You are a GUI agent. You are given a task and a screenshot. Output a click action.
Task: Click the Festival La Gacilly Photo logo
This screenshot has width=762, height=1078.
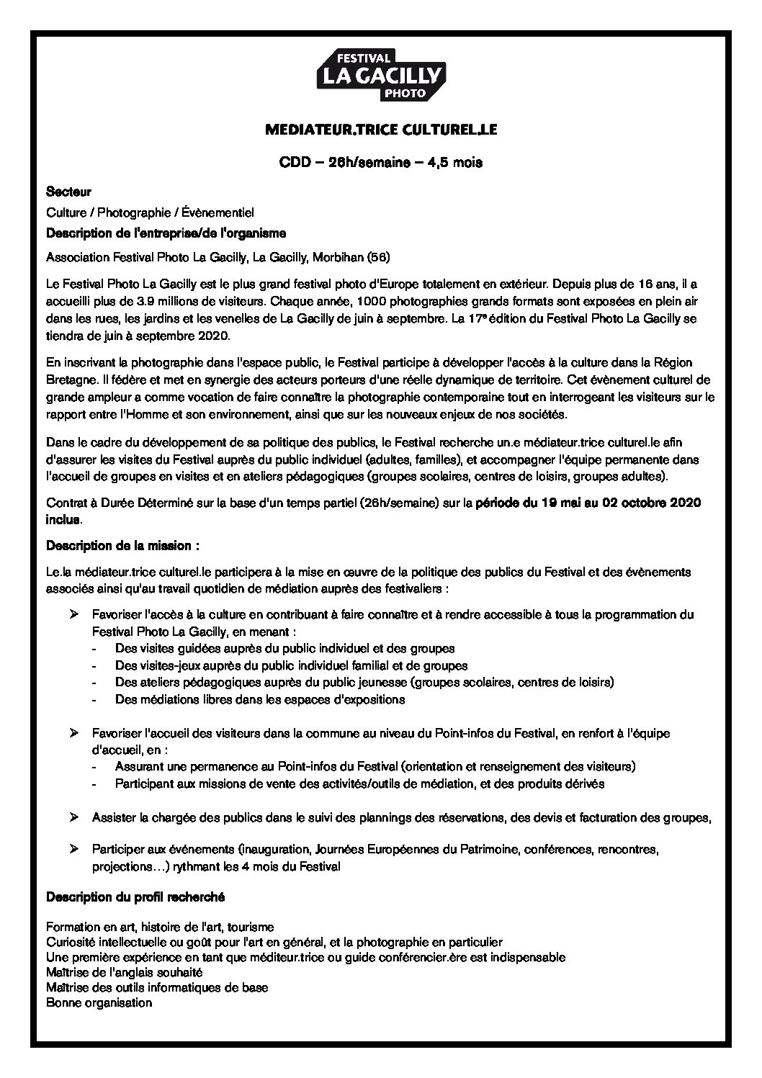click(x=381, y=75)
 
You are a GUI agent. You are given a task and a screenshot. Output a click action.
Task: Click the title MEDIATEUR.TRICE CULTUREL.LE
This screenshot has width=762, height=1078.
click(x=381, y=130)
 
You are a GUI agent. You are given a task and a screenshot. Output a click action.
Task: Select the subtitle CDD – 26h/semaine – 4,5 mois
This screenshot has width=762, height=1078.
click(x=381, y=162)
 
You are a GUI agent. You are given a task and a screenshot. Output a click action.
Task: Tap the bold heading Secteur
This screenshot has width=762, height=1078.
click(x=68, y=192)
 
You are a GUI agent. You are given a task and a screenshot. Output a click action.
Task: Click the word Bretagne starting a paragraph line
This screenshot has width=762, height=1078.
click(x=67, y=379)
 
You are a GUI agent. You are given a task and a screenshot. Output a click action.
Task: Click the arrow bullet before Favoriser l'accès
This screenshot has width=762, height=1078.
click(x=73, y=614)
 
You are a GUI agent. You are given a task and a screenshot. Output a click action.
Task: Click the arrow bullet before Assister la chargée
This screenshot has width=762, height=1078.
click(x=73, y=817)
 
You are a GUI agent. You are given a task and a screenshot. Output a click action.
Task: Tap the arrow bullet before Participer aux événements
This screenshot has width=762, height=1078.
click(x=73, y=850)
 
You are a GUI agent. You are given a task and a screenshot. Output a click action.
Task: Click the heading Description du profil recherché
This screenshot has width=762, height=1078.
click(x=135, y=897)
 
